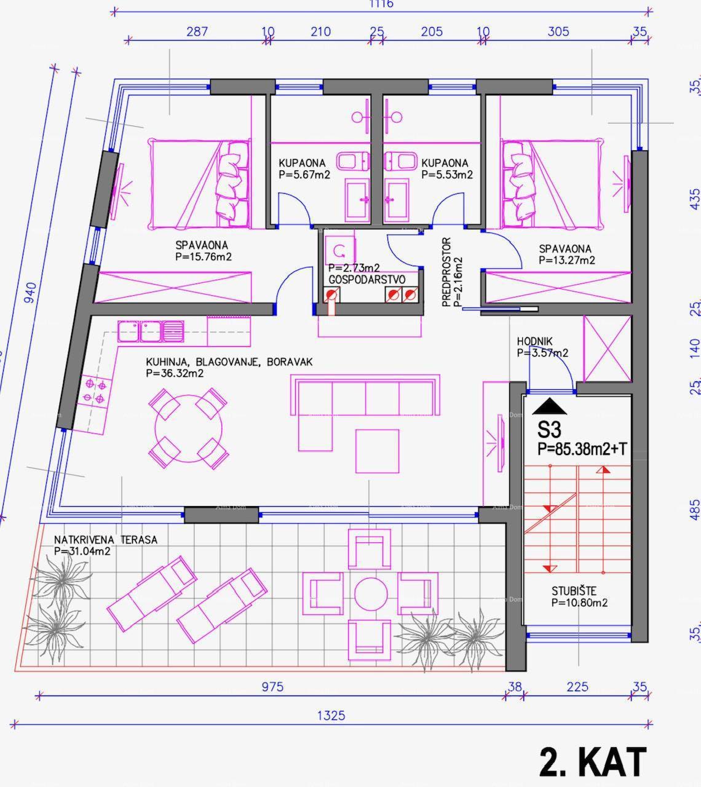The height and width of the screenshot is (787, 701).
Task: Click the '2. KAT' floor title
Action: click(593, 762)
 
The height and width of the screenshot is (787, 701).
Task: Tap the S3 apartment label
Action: click(549, 429)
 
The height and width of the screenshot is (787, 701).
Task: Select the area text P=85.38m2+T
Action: click(582, 449)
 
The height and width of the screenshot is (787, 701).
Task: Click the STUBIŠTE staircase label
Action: click(574, 591)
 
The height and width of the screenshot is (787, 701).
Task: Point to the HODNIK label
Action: click(534, 341)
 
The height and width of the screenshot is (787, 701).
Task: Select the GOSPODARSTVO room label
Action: click(366, 279)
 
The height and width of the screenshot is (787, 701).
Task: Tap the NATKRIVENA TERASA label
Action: click(105, 540)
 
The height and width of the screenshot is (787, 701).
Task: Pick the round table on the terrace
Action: click(370, 595)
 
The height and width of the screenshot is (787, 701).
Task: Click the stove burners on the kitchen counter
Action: click(94, 391)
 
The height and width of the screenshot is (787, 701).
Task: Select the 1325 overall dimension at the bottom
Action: click(331, 716)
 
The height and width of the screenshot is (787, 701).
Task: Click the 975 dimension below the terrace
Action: click(272, 687)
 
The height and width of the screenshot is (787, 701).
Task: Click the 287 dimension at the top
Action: click(197, 31)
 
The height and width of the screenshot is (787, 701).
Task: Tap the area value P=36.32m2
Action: click(175, 373)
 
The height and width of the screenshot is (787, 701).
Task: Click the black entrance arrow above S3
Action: click(549, 406)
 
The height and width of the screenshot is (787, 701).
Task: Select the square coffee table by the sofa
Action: click(376, 451)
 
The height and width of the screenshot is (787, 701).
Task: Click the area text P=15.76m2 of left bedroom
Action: click(203, 257)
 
